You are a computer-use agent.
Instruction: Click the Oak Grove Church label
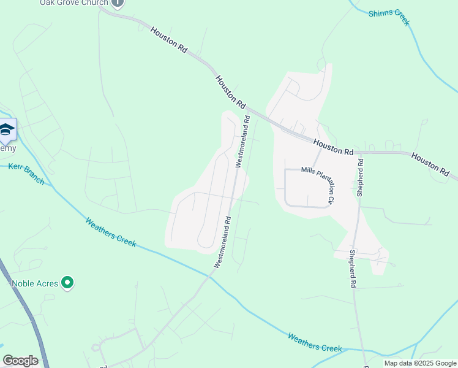[x=75, y=2]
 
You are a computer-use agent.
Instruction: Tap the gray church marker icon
[x=118, y=2]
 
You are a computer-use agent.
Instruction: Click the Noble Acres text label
[x=34, y=283]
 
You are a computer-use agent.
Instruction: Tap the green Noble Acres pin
[x=68, y=283]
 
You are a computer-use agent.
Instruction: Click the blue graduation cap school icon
[x=7, y=129]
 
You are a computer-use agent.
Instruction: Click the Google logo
[x=20, y=361]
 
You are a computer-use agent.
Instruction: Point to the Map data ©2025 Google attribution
[x=419, y=363]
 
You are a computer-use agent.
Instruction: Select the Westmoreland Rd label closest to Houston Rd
[x=243, y=141]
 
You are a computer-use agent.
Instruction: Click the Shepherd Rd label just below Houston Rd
[x=361, y=178]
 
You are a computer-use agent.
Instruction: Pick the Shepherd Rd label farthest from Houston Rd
[x=353, y=269]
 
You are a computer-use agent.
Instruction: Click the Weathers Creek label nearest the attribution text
[x=314, y=342]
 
